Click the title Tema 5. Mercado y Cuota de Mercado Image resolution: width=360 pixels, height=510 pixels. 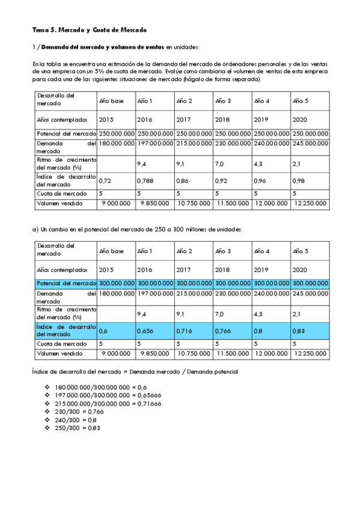90,29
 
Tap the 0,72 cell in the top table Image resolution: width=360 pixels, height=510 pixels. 105,180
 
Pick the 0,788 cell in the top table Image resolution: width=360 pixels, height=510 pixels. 145,180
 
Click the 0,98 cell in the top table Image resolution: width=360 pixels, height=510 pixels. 299,180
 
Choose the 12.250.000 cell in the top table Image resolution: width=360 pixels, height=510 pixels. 310,204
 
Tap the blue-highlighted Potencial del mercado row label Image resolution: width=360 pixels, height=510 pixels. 66,283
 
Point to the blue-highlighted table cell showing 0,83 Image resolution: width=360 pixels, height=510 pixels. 299,330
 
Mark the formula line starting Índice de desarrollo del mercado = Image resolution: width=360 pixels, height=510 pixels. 135,372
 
